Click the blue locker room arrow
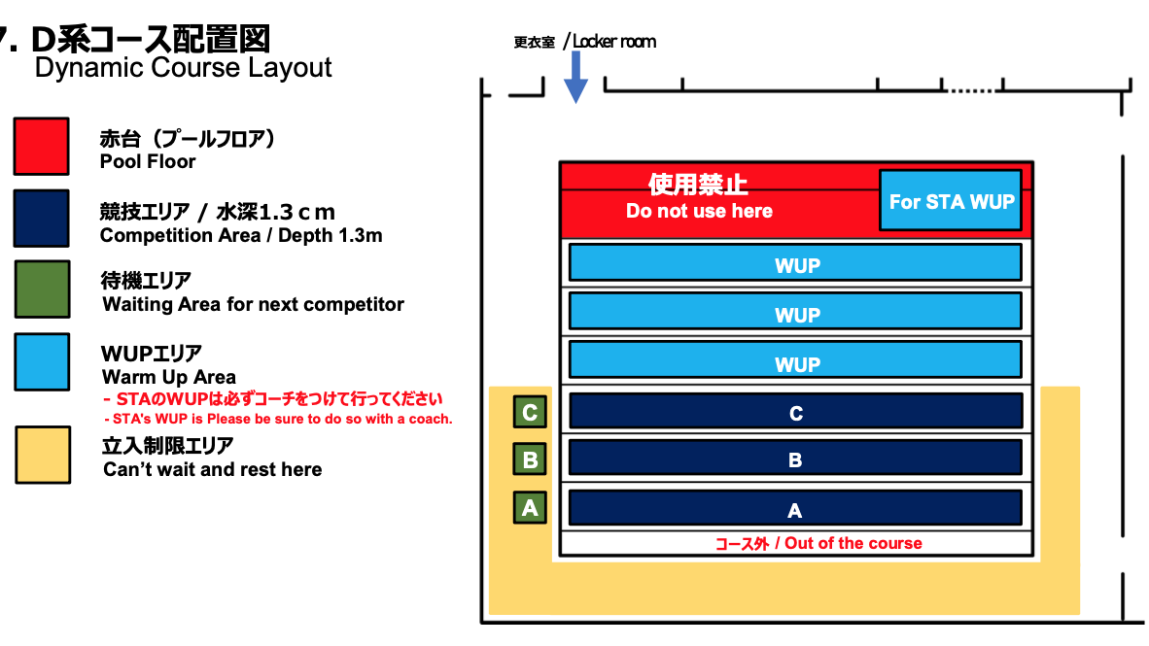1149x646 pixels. tap(576, 78)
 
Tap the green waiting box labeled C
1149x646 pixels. tap(530, 412)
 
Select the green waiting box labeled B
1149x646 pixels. tap(530, 459)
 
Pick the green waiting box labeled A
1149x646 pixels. tap(530, 507)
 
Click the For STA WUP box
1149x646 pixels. tap(951, 201)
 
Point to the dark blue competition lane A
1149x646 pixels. tap(795, 508)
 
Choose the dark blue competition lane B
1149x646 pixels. tap(795, 459)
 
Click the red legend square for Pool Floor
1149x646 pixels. tap(41, 147)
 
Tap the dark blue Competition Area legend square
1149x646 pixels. tap(41, 219)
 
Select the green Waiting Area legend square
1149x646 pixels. tap(41, 289)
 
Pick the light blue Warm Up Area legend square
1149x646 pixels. tap(41, 361)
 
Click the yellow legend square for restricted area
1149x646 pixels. tap(41, 455)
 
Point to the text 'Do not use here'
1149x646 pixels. tap(699, 211)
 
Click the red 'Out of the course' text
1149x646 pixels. tap(818, 544)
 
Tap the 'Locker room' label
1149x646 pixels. tap(614, 42)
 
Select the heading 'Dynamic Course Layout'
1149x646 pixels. tap(183, 68)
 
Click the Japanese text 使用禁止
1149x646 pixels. tap(698, 184)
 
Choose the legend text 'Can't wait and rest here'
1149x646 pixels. tap(212, 469)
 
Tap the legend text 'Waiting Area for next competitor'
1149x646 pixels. tap(253, 304)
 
